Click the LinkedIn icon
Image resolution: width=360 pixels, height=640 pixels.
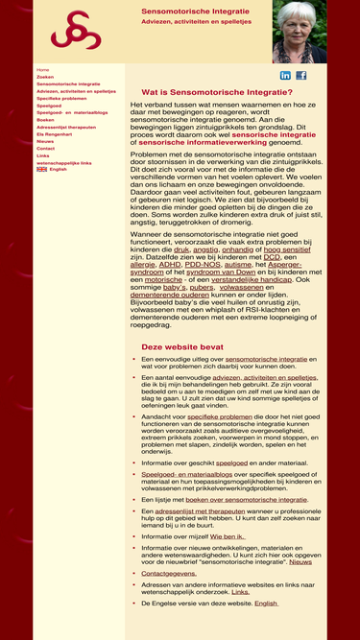(x=285, y=75)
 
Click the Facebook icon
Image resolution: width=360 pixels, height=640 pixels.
(x=300, y=75)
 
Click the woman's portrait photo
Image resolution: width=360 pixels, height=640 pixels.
(x=300, y=33)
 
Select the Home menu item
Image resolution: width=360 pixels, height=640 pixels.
(x=42, y=70)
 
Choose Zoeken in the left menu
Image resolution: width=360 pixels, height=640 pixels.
(x=45, y=77)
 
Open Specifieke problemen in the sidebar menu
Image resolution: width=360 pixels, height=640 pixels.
(x=61, y=98)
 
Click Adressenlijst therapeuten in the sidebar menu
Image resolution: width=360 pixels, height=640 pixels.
(x=66, y=127)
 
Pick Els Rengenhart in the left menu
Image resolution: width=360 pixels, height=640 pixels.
(x=55, y=134)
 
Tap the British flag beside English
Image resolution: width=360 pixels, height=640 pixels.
(x=41, y=169)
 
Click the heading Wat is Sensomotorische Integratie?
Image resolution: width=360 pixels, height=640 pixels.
(x=217, y=91)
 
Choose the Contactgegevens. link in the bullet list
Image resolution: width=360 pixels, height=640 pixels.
(x=169, y=573)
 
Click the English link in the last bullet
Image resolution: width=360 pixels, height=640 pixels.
(x=266, y=604)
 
